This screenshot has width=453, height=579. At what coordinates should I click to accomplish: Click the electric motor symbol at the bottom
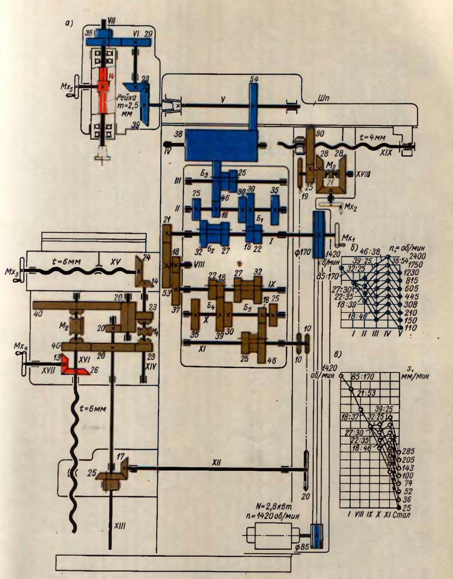tap(271, 536)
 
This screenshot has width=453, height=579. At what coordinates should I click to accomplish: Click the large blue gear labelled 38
tap(221, 145)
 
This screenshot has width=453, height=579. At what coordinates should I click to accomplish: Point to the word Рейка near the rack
tap(123, 99)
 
